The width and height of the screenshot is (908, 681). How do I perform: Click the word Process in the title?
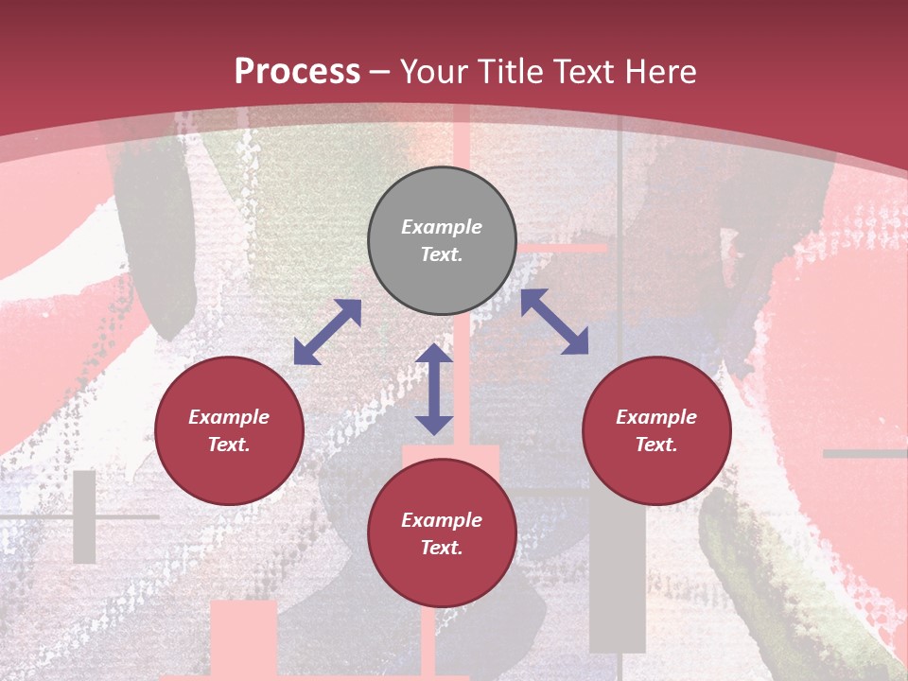pos(297,72)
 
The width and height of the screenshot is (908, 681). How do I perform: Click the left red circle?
pos(229,430)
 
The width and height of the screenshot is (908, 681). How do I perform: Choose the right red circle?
pos(656,430)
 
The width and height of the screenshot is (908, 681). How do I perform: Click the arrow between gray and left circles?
pos(327,332)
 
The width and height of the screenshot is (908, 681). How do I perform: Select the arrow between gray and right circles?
pos(554,322)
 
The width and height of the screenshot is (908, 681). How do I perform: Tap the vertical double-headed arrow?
pos(434,390)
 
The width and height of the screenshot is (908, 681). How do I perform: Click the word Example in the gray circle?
pos(442,227)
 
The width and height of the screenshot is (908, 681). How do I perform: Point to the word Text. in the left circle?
pos(229,445)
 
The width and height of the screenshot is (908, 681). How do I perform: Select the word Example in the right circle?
pos(656,417)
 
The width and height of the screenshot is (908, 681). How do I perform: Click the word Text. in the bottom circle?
pos(442,548)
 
